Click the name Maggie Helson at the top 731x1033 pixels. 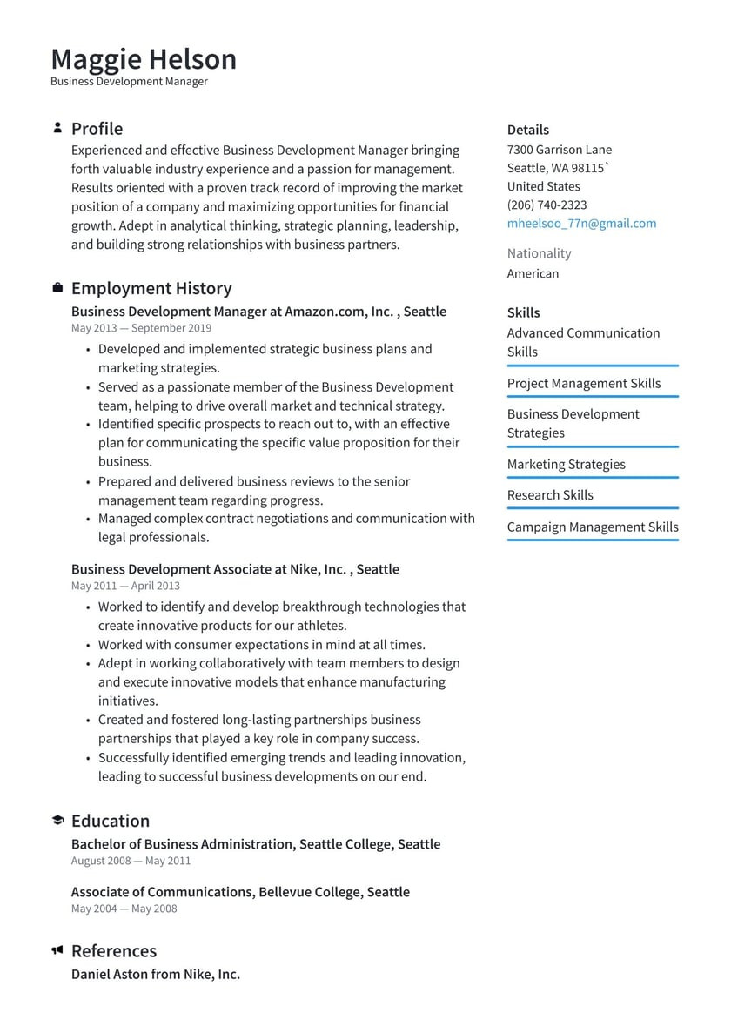[144, 59]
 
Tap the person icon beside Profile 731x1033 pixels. [57, 128]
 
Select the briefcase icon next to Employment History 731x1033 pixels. [57, 288]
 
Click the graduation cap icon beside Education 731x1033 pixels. [57, 821]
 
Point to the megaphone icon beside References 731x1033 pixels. [57, 950]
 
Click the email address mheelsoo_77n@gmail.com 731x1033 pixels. [581, 224]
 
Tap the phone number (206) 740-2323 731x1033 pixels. [547, 205]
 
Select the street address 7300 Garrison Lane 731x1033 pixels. [559, 150]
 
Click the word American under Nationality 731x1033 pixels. [533, 273]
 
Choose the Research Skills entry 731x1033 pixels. [550, 495]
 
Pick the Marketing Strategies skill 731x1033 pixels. [566, 465]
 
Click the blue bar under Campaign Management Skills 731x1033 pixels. [592, 540]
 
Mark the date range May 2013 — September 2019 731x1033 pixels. [141, 328]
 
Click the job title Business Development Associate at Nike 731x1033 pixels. [235, 569]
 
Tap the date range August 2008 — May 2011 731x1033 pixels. [131, 861]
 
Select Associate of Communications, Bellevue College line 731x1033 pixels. [240, 892]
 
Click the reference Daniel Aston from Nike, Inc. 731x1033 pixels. [155, 975]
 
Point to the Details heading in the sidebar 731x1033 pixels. [527, 130]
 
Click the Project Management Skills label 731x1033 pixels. [583, 384]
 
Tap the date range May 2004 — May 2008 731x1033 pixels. [124, 909]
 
